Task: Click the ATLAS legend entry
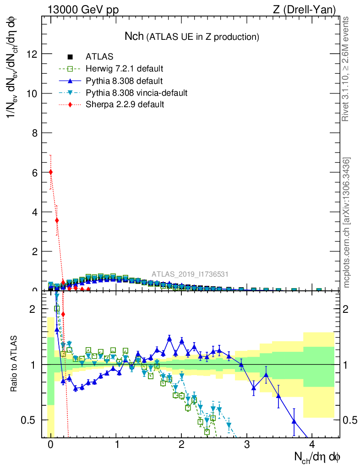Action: pos(99,57)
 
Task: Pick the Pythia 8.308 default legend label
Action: pos(124,81)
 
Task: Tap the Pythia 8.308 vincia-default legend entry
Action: pos(136,93)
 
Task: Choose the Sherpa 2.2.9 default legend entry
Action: pos(125,104)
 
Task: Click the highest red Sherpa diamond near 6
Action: pos(50,172)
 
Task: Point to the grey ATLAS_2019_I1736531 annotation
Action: pos(190,274)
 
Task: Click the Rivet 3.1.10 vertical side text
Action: pos(346,69)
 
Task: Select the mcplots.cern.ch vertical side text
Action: pos(347,222)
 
